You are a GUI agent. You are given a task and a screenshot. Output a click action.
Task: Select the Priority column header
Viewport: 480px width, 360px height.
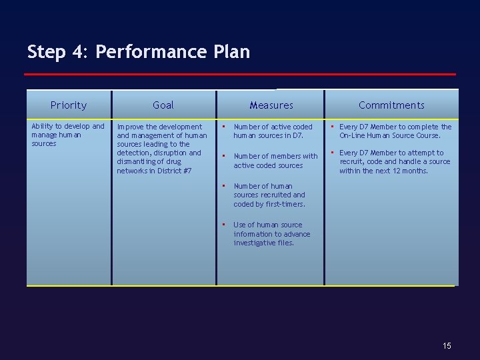(69, 105)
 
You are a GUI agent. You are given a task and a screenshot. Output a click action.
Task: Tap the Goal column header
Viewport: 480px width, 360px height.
(163, 105)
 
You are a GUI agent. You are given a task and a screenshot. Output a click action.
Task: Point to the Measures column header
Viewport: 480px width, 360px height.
(271, 105)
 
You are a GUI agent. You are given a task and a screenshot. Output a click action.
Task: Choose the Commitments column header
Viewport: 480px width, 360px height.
(391, 105)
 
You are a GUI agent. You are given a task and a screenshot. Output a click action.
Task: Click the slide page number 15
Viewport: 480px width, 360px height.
(447, 345)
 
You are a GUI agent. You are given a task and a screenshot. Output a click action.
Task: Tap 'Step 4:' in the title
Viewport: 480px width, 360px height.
(57, 52)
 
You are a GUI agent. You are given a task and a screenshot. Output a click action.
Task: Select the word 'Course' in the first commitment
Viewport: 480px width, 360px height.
(427, 135)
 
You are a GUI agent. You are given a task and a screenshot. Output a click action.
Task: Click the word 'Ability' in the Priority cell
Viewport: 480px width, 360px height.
(44, 126)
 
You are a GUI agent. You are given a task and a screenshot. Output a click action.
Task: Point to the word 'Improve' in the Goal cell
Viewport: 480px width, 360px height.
(131, 126)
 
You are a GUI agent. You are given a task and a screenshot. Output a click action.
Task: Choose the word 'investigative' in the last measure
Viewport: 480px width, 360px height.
(255, 243)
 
